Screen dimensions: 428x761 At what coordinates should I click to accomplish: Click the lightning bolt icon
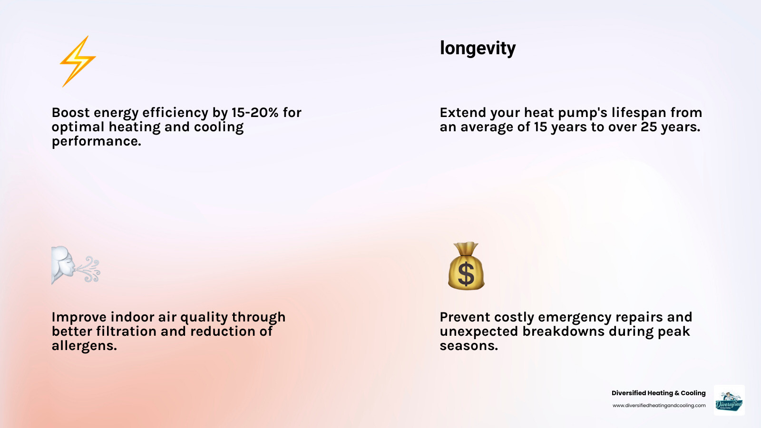(x=78, y=61)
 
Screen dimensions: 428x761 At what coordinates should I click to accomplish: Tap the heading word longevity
(x=478, y=49)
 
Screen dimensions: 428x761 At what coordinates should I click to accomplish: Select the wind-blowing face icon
(x=76, y=265)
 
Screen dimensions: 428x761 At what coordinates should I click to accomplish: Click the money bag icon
(x=466, y=266)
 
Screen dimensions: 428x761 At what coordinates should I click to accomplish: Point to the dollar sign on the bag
(x=466, y=274)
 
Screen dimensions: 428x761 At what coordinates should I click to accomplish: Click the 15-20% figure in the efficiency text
(x=255, y=113)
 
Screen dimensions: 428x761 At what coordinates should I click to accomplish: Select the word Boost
(x=70, y=113)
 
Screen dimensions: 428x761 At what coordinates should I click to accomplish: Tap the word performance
(x=96, y=141)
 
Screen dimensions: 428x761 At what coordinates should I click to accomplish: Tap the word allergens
(x=84, y=346)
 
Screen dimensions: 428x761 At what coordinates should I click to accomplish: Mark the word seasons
(x=468, y=346)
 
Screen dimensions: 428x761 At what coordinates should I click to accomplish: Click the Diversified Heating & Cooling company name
(x=658, y=393)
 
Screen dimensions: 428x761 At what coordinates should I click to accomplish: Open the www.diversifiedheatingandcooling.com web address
(x=659, y=406)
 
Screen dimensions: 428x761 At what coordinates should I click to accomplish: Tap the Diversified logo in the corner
(x=729, y=400)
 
